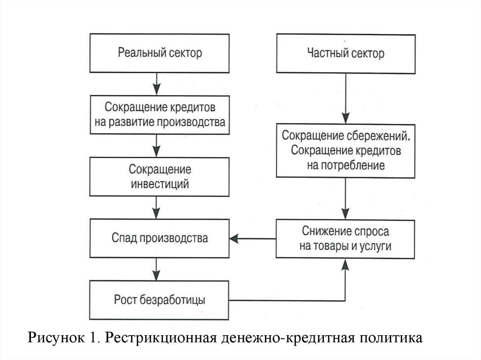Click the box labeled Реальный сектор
point(160,53)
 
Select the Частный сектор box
point(346,53)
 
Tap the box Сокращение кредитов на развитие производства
point(160,114)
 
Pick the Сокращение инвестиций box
point(160,176)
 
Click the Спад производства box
point(160,238)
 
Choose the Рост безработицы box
point(160,299)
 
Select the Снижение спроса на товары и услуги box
point(346,238)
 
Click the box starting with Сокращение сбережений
point(346,151)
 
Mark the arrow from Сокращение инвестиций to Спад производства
point(157,207)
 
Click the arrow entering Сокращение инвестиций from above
point(157,146)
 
